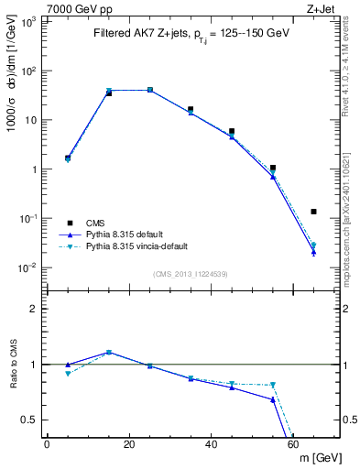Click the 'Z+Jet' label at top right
pyautogui.click(x=324, y=8)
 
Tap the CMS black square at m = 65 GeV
pyautogui.click(x=314, y=212)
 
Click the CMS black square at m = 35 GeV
pyautogui.click(x=191, y=109)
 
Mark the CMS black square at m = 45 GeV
pyautogui.click(x=232, y=132)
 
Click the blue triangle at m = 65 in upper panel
pyautogui.click(x=314, y=253)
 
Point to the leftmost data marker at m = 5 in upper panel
pyautogui.click(x=68, y=158)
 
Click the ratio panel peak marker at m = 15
pyautogui.click(x=109, y=352)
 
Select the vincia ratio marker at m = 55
pyautogui.click(x=273, y=385)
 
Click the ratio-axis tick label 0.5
pyautogui.click(x=28, y=420)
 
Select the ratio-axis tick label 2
pyautogui.click(x=33, y=309)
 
